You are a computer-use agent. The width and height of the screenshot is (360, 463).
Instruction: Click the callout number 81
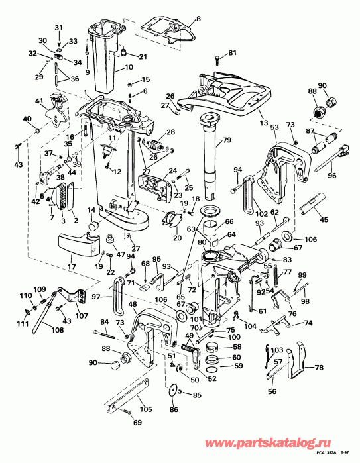point(231,52)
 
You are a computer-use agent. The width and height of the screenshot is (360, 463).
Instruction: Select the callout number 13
point(263,123)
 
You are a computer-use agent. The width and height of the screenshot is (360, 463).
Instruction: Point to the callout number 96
point(332,176)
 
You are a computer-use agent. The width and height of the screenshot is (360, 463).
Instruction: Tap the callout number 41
point(39,101)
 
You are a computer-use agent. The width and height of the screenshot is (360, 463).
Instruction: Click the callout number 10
point(128,67)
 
